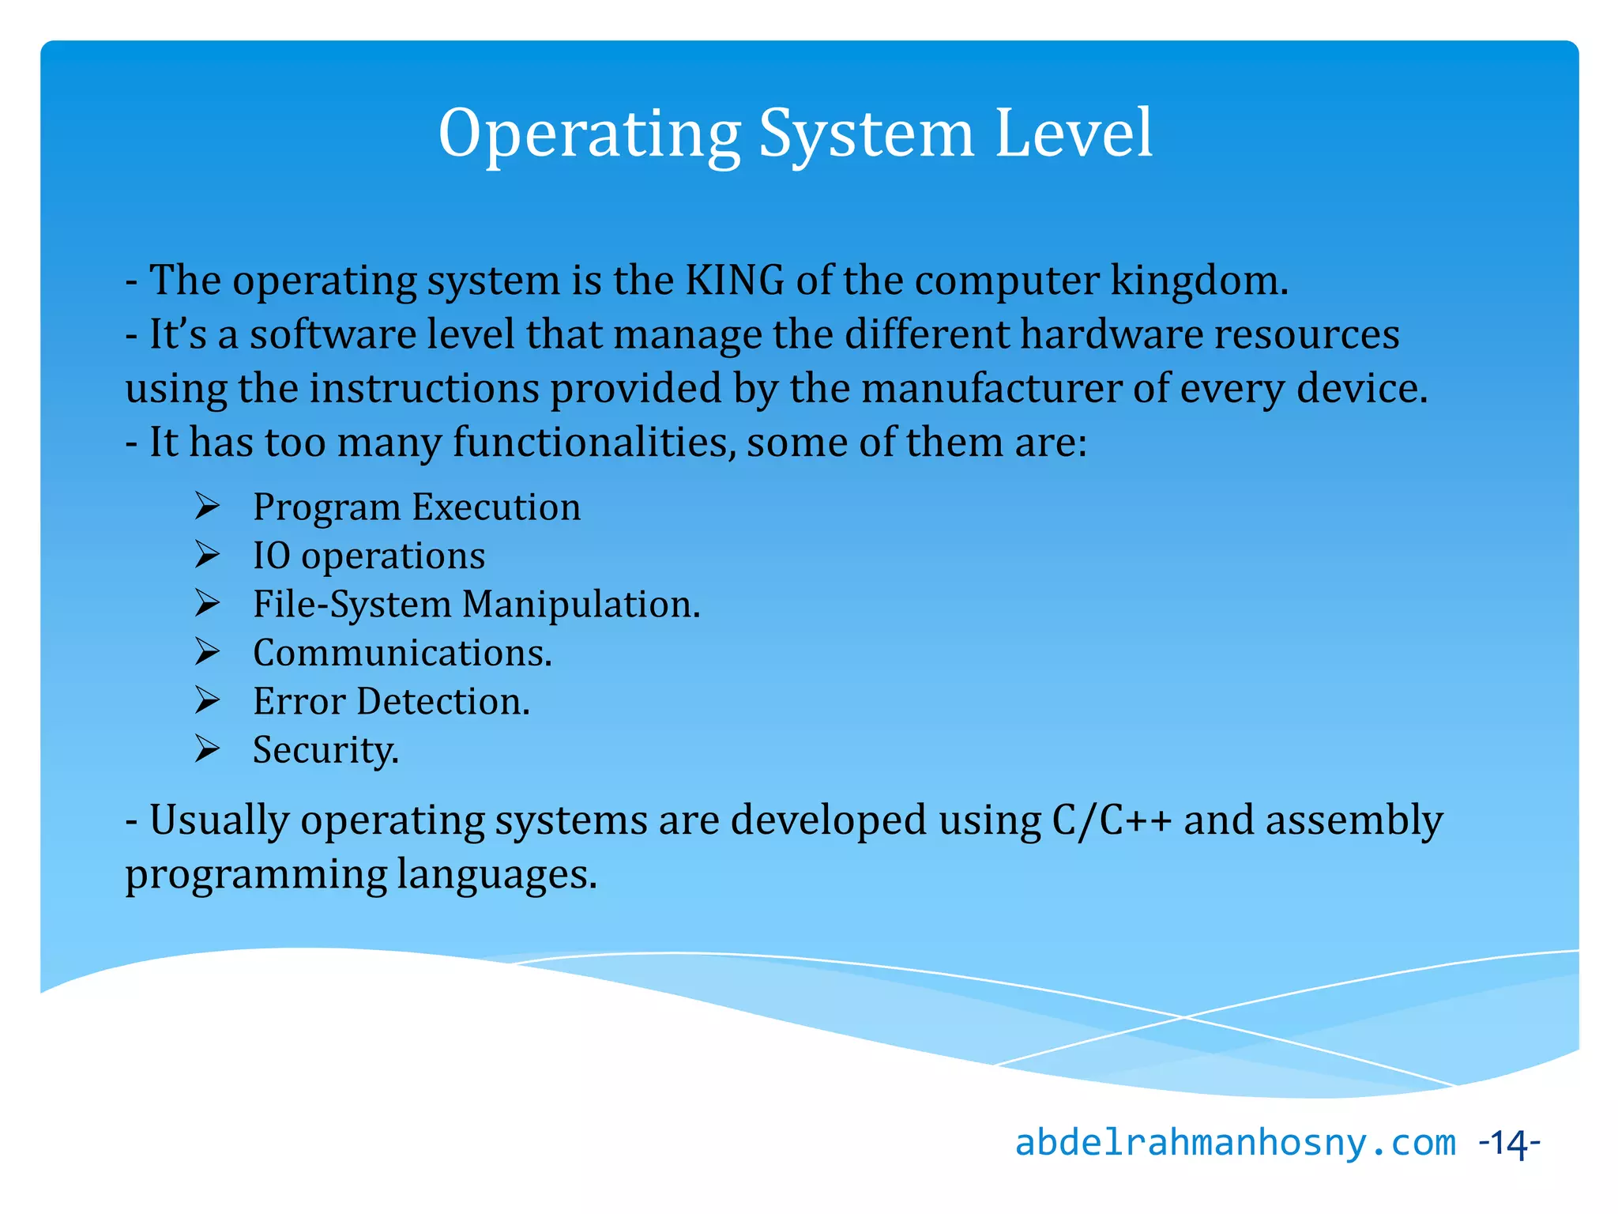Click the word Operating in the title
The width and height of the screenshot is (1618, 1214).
pos(589,134)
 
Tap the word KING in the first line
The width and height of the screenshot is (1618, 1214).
pos(735,280)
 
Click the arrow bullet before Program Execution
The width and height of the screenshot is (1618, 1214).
pos(207,506)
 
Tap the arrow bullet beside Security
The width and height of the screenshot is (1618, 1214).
pos(207,748)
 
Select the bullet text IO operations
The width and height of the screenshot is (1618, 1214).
pos(368,556)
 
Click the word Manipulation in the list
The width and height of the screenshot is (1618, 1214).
pos(581,604)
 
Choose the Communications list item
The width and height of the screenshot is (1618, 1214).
pos(402,653)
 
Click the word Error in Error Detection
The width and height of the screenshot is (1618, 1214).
pos(299,701)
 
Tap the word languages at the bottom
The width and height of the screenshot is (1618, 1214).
pos(496,874)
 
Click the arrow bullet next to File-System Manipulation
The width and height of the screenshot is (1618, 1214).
pos(207,604)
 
